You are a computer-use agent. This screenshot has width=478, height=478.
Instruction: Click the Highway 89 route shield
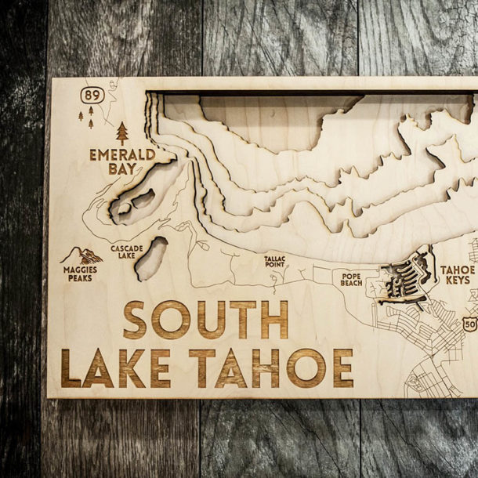tap(92, 95)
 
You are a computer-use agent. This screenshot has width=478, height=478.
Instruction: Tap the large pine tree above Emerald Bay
tap(122, 132)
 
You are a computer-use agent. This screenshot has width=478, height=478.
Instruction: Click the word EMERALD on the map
tap(121, 154)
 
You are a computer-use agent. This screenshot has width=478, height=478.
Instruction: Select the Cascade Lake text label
tap(126, 252)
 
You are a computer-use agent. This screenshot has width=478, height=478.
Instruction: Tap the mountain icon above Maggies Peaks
tap(81, 255)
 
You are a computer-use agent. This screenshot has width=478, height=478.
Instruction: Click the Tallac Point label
tap(274, 261)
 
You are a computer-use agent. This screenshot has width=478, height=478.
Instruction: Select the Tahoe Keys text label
tap(457, 274)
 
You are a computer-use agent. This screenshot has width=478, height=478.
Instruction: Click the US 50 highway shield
tap(469, 323)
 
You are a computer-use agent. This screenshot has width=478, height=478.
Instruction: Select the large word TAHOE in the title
tap(271, 368)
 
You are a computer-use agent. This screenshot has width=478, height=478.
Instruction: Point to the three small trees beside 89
tap(86, 117)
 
